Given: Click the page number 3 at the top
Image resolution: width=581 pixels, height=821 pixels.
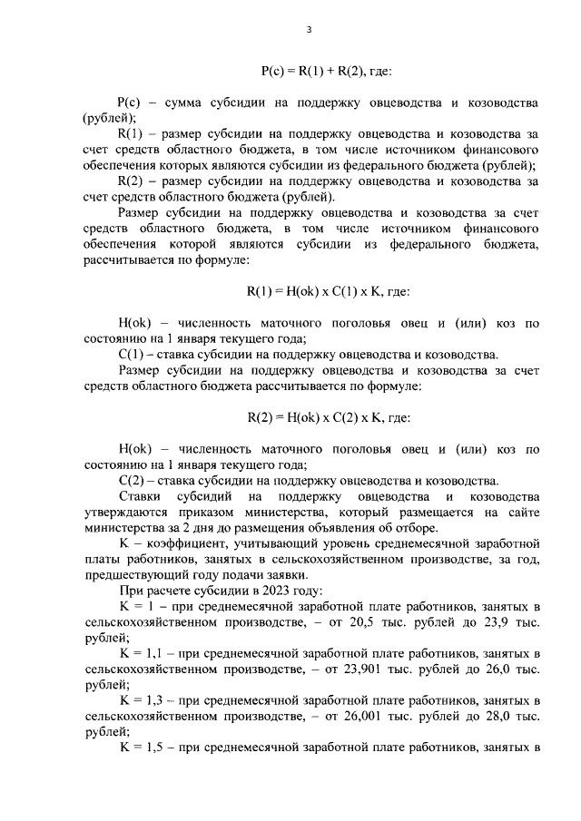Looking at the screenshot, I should click(309, 29).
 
